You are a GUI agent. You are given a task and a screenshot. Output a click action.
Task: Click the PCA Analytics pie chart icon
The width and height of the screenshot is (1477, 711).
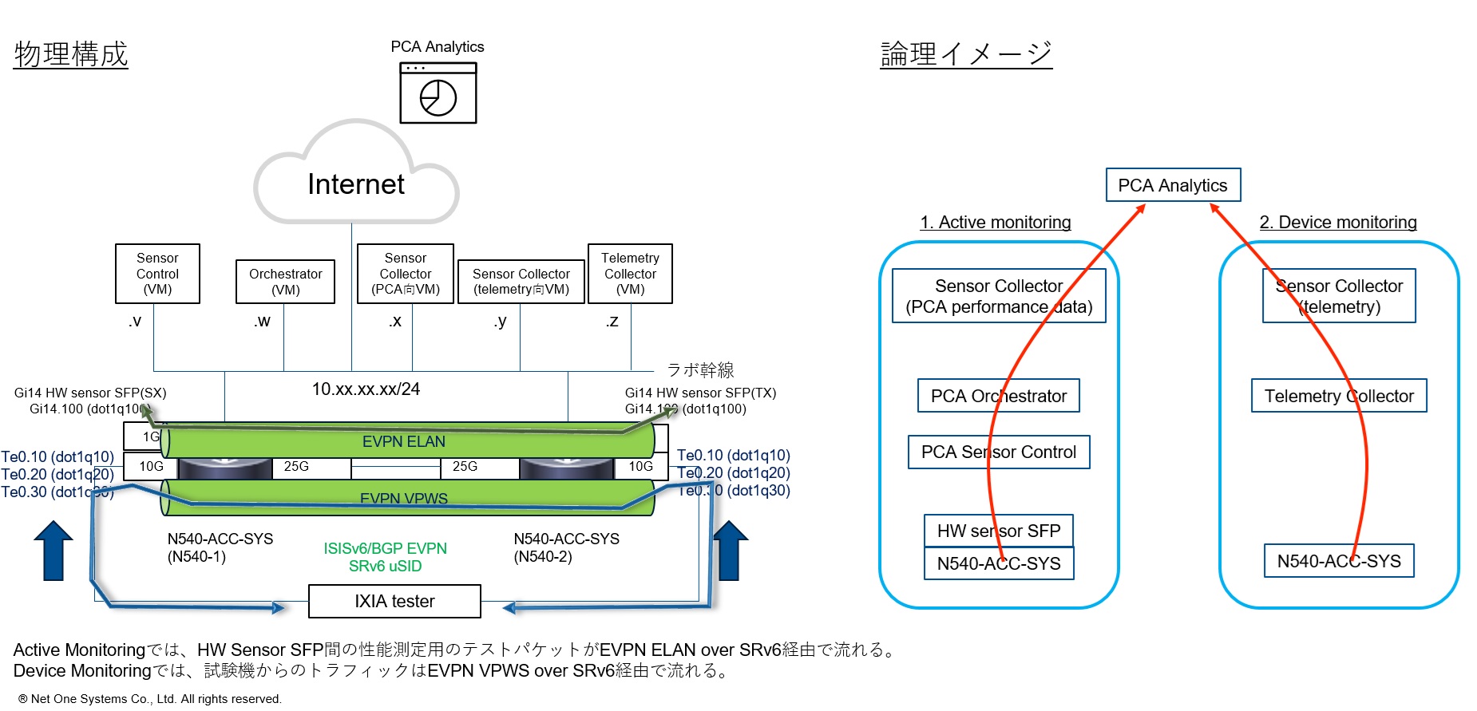438,93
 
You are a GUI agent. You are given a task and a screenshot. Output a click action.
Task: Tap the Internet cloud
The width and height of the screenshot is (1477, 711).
356,184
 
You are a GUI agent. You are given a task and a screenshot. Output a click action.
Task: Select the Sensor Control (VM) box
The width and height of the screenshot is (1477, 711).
157,274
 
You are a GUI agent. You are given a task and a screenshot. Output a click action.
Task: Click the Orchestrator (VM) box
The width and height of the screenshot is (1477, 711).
285,282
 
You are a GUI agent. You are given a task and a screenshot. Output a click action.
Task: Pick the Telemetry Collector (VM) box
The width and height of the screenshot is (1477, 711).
630,274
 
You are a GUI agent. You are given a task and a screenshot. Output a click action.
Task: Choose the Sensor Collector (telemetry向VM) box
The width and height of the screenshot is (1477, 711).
521,282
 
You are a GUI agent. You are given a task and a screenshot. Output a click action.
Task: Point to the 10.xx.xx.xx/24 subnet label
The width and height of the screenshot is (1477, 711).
366,389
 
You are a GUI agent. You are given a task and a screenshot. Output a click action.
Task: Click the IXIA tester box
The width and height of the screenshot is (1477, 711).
394,601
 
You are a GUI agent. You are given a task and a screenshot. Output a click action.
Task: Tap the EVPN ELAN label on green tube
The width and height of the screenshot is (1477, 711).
403,441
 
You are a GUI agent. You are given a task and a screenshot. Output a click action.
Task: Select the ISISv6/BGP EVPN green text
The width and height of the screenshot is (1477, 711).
385,548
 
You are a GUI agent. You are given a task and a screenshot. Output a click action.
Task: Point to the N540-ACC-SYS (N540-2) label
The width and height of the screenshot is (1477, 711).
566,547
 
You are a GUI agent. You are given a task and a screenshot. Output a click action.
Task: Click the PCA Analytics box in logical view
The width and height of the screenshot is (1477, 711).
1172,185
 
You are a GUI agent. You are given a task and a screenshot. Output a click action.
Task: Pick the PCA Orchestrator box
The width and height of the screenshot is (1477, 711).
998,396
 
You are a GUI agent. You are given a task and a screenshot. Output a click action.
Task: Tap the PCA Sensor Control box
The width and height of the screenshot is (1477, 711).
998,452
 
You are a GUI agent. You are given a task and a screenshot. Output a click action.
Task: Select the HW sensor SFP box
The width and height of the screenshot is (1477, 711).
998,531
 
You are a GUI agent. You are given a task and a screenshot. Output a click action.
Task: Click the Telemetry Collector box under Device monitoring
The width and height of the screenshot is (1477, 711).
1338,396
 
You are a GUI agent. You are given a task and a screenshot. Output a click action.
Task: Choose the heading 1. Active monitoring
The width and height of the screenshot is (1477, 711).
995,223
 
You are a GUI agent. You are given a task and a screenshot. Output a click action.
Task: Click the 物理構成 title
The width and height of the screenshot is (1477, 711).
71,54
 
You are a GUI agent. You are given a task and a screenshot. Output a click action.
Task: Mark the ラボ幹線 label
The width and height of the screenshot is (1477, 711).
700,369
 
